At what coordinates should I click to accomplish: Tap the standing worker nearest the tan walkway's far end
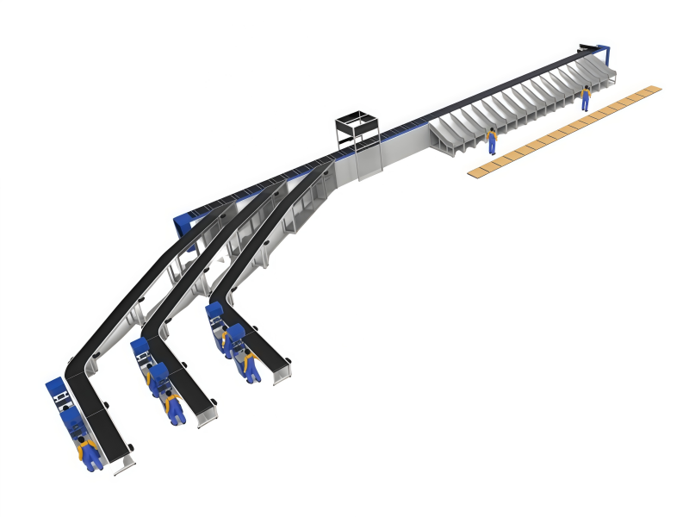click(x=586, y=97)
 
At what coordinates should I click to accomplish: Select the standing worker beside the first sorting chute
click(x=492, y=140)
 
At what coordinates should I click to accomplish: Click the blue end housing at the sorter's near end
click(x=183, y=226)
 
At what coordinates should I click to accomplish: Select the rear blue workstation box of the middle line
click(x=140, y=349)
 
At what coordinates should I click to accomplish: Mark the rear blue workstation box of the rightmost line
click(x=214, y=312)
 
